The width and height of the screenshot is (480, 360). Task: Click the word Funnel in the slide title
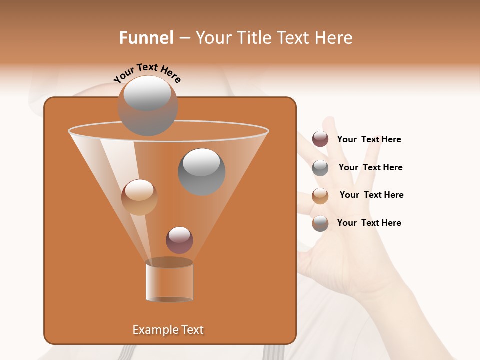[x=146, y=38]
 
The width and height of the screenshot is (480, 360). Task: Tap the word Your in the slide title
[x=212, y=38]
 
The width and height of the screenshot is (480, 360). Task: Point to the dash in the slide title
[x=184, y=38]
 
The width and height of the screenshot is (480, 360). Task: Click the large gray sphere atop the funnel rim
[x=148, y=105]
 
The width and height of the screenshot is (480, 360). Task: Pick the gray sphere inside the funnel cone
[x=202, y=171]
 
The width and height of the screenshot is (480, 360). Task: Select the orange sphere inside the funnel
[x=139, y=197]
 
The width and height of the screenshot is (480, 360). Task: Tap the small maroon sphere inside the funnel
[x=179, y=240]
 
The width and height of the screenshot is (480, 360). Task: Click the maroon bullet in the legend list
[x=320, y=139]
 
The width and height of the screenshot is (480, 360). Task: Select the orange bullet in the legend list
[x=320, y=196]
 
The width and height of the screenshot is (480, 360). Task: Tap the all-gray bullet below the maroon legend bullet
[x=320, y=168]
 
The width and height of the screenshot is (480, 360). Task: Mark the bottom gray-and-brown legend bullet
[x=320, y=223]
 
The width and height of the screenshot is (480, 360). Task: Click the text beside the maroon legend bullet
[x=369, y=139]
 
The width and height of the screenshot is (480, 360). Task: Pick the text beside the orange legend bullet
[x=371, y=195]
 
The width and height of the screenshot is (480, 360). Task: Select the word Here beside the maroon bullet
[x=391, y=139]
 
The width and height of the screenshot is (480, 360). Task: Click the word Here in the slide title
[x=334, y=38]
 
